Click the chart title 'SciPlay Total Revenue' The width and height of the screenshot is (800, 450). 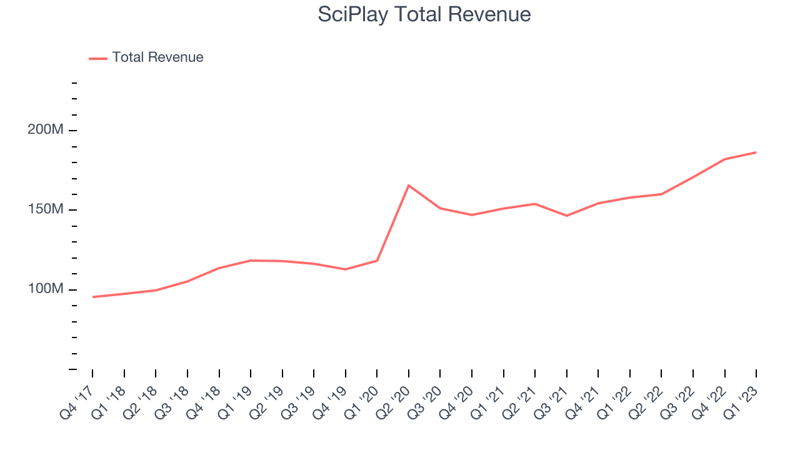point(424,14)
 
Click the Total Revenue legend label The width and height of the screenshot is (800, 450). point(157,57)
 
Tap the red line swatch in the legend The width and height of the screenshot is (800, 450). point(98,58)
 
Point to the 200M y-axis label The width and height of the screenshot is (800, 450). point(46,130)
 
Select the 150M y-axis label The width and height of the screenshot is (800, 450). point(46,209)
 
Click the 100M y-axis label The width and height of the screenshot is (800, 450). point(46,289)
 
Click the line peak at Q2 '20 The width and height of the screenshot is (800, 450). point(409,185)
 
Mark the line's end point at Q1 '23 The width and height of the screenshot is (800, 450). point(756,152)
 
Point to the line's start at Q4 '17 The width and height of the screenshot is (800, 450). point(92,297)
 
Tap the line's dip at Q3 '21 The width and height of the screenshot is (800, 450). point(567,216)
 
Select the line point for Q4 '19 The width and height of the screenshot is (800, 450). point(346,269)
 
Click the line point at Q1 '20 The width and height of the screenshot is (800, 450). point(377,261)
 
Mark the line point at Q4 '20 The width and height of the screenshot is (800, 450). point(472,215)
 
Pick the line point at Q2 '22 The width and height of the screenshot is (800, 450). point(661,194)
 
